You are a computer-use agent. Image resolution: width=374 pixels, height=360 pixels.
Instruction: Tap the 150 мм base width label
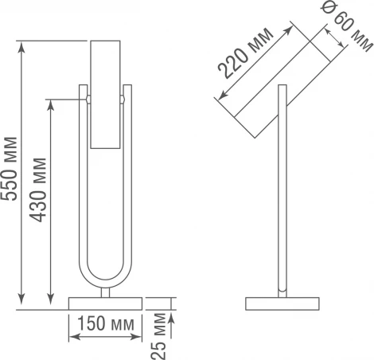point(106,325)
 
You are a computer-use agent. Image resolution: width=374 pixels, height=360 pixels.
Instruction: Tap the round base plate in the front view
point(106,303)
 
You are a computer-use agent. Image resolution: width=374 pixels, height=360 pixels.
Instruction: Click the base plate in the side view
point(282,303)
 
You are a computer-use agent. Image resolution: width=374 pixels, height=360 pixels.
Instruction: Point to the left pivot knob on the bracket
point(88,100)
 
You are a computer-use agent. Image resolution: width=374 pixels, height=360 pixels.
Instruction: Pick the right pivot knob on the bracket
point(123,100)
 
